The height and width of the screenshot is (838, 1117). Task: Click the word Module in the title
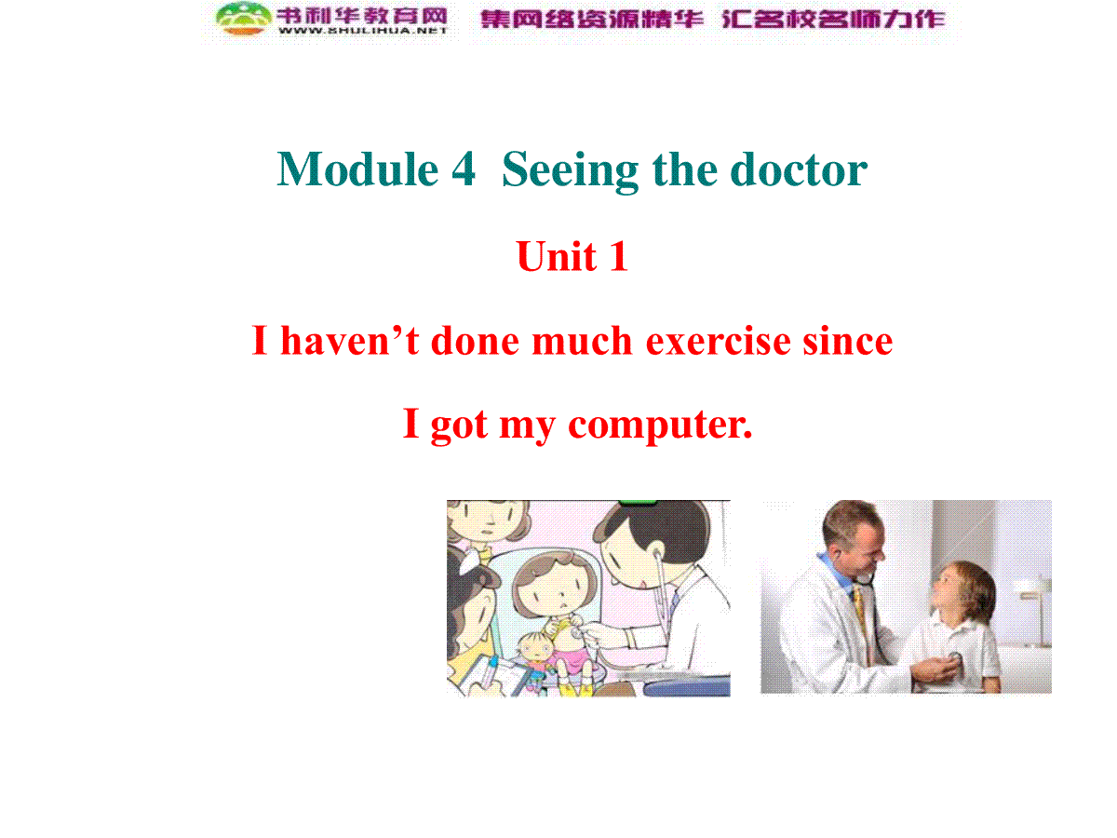coord(357,169)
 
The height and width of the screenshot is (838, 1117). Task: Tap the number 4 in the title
coord(464,169)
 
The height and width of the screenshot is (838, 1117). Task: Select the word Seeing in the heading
coord(570,172)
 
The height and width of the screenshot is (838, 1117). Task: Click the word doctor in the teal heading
coord(799,169)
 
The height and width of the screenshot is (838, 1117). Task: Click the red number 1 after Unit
coord(618,256)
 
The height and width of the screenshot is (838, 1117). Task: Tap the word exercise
coord(718,341)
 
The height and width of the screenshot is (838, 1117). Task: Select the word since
coord(848,340)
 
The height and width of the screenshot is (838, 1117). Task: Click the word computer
coord(660,426)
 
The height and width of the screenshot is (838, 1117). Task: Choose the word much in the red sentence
coord(582,339)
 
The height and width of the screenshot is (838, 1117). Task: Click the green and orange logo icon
coord(244,19)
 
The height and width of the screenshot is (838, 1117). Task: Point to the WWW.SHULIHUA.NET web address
coord(362,31)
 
